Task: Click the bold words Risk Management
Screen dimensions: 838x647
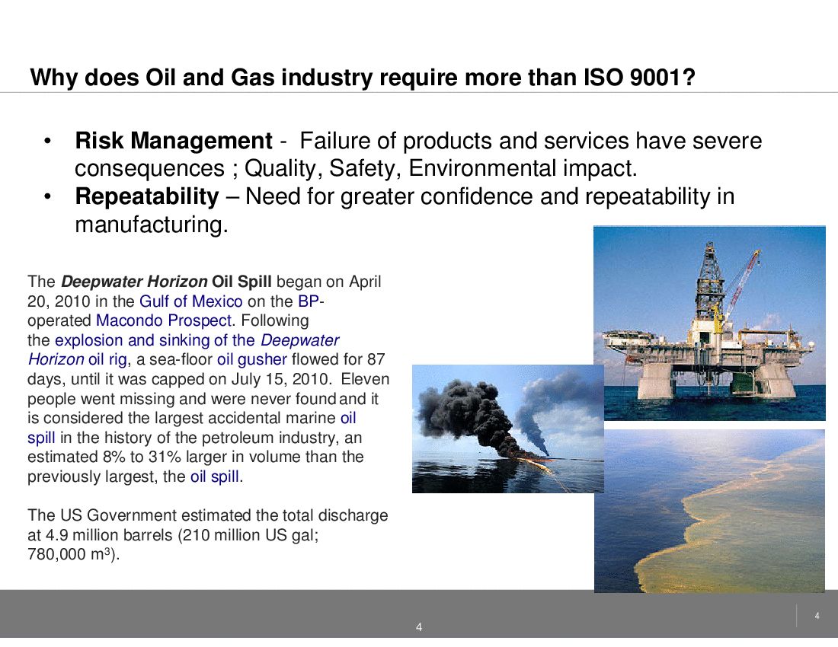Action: click(x=174, y=141)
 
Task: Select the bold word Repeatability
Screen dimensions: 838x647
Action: click(x=147, y=197)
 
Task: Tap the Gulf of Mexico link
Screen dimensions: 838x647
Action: click(x=190, y=301)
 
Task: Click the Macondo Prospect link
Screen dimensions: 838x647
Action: click(x=164, y=320)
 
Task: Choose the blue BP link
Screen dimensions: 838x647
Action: click(x=309, y=301)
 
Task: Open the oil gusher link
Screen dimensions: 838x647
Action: click(x=251, y=360)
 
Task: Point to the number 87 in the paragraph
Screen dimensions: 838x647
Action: click(x=376, y=359)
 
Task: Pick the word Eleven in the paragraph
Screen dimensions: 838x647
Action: click(x=365, y=379)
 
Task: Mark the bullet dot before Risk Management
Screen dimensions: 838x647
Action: click(x=47, y=142)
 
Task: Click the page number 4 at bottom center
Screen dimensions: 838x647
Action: click(x=419, y=627)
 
